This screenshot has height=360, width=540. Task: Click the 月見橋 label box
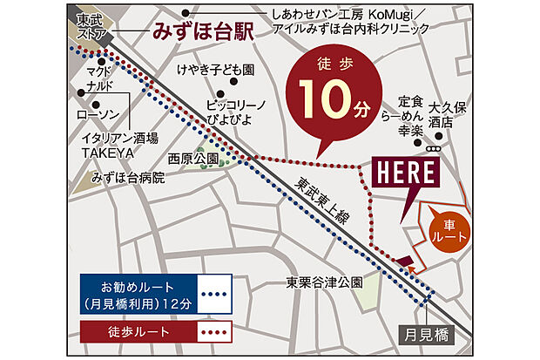click(429, 331)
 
